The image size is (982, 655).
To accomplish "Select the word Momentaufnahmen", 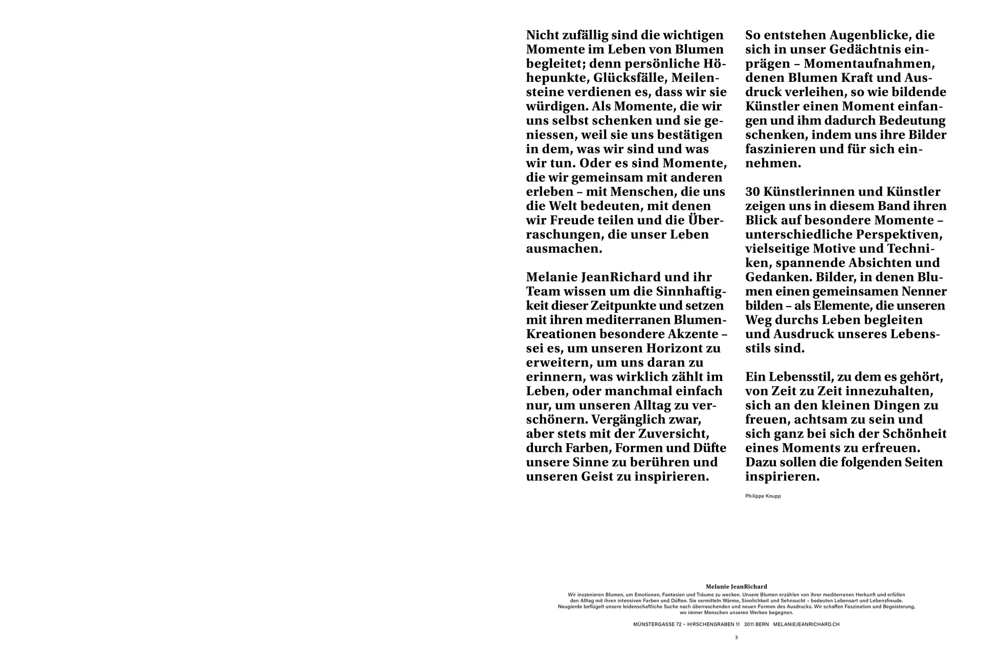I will tap(869, 64).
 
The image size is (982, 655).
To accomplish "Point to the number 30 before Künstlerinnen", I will tap(753, 192).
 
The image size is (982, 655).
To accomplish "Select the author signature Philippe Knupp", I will tap(763, 496).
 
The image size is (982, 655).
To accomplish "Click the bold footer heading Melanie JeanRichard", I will tap(736, 586).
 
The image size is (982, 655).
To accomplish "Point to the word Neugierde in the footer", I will tap(570, 607).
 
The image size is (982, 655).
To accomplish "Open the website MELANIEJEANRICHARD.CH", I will tap(806, 624).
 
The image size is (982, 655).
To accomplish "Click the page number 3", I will tap(736, 638).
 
